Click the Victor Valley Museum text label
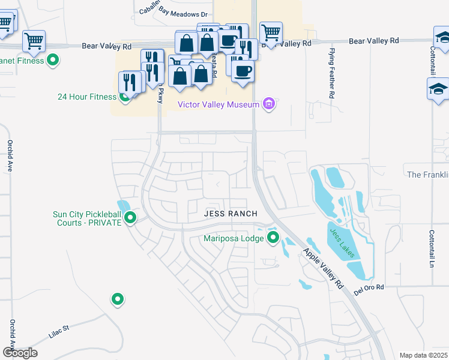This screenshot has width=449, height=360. (x=218, y=104)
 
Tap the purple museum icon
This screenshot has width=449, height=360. (x=268, y=104)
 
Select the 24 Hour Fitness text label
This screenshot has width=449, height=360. (x=86, y=96)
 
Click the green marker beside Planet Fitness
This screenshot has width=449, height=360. (x=52, y=60)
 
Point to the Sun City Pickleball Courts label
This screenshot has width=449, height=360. (x=87, y=218)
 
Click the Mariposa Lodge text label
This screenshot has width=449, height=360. (x=233, y=239)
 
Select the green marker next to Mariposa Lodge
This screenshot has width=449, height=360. (x=273, y=238)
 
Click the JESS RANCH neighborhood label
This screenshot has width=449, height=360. (x=231, y=214)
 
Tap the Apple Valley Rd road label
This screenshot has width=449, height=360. (x=322, y=268)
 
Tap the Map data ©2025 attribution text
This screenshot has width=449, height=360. (x=423, y=355)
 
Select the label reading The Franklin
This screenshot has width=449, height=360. (x=427, y=175)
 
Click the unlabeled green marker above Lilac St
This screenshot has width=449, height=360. (x=117, y=299)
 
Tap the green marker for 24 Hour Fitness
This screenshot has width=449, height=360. (x=125, y=95)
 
